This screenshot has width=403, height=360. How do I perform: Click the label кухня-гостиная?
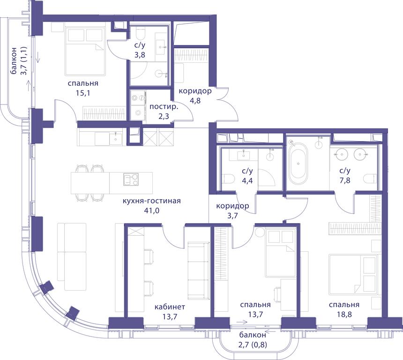coord(152,201)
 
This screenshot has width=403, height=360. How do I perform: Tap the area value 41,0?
coord(152,210)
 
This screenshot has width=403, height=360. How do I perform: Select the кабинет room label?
coord(170,307)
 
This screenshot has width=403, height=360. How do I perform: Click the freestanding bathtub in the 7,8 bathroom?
coord(298,164)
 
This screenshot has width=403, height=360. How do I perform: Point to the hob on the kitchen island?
coord(131,179)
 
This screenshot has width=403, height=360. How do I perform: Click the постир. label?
coord(164,107)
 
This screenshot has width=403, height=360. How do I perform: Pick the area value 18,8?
coord(344,314)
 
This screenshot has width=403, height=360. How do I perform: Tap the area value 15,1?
coord(83,93)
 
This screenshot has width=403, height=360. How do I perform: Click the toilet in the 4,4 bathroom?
coord(228,179)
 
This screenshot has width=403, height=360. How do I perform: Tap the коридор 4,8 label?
coord(195,96)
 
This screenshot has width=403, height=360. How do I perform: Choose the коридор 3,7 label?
coord(232,210)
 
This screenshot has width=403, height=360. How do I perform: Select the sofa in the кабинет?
coord(198,271)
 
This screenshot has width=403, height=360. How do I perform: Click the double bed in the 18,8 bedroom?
coord(353,274)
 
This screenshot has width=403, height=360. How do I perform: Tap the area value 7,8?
coord(344,180)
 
